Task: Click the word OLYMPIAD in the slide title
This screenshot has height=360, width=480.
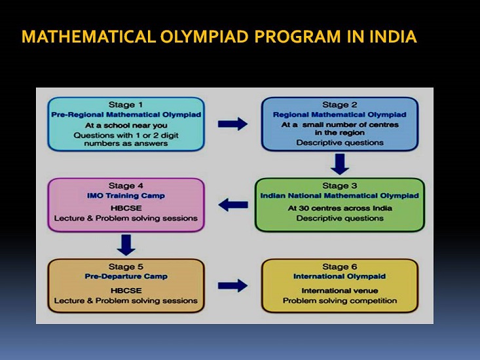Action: (204, 37)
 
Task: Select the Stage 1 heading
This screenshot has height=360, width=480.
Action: (126, 105)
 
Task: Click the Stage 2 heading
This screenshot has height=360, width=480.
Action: (339, 105)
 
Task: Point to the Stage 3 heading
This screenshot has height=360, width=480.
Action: (339, 186)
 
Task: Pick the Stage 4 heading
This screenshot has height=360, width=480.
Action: (126, 186)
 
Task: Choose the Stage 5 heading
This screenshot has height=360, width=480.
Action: (126, 266)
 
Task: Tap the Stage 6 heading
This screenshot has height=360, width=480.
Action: (339, 266)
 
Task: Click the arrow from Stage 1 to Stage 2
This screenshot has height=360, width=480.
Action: (232, 124)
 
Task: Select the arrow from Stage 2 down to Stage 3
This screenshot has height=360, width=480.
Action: (340, 164)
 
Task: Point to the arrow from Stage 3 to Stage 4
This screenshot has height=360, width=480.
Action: (233, 205)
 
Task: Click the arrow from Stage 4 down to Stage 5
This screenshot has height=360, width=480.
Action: (126, 245)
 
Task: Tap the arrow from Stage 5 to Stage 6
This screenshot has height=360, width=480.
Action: (232, 285)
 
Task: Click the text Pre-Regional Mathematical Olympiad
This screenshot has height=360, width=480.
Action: (126, 115)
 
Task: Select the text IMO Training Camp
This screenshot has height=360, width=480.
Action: (126, 196)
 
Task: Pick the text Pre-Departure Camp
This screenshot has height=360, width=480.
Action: (126, 276)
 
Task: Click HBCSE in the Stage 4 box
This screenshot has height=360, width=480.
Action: (126, 208)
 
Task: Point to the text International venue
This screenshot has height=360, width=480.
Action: (340, 291)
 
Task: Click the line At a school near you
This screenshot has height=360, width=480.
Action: (126, 126)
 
